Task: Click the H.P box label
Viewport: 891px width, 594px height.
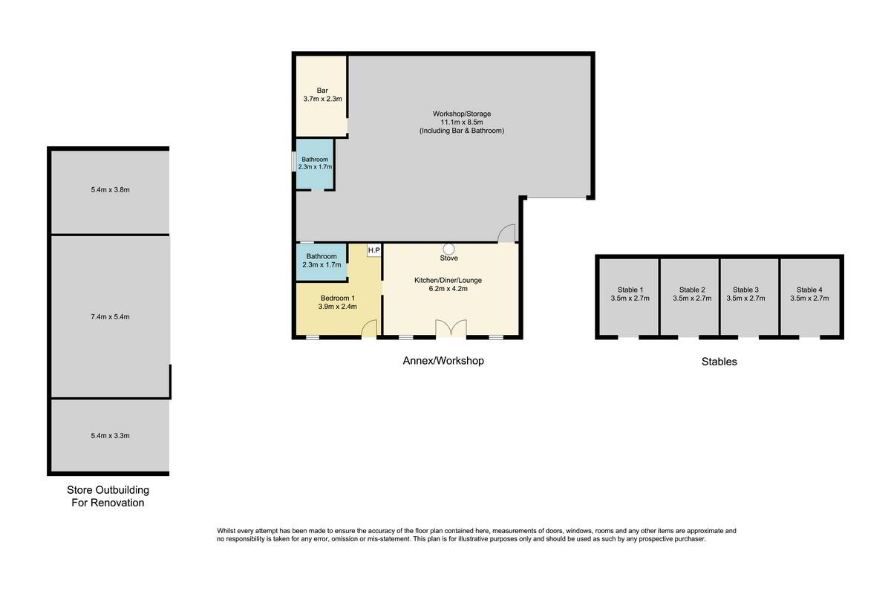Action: (374, 250)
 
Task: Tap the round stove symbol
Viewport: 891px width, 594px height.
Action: (449, 249)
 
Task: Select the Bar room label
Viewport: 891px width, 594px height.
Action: (322, 91)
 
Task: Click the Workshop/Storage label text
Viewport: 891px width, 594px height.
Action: (462, 114)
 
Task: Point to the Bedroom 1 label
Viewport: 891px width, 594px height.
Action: (338, 298)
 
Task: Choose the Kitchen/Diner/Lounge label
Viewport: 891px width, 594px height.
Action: (448, 280)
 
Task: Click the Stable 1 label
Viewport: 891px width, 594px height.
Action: (630, 290)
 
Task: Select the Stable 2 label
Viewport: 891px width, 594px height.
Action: (692, 290)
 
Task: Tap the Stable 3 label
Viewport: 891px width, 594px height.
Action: (745, 290)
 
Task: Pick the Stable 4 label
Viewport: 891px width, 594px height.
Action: (809, 290)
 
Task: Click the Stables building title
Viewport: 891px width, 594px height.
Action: (719, 362)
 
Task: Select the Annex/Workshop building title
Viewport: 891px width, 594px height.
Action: (443, 361)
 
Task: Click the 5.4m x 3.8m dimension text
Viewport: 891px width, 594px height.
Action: (110, 190)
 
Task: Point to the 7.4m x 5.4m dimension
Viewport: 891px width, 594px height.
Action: (110, 317)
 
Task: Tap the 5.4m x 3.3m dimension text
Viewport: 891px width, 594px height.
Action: (110, 436)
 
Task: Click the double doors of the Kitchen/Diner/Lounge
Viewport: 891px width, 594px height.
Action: (451, 329)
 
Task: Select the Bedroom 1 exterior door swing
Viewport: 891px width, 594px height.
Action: (370, 329)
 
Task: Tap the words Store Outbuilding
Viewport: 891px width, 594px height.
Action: (108, 490)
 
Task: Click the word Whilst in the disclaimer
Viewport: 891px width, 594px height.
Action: (226, 531)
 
